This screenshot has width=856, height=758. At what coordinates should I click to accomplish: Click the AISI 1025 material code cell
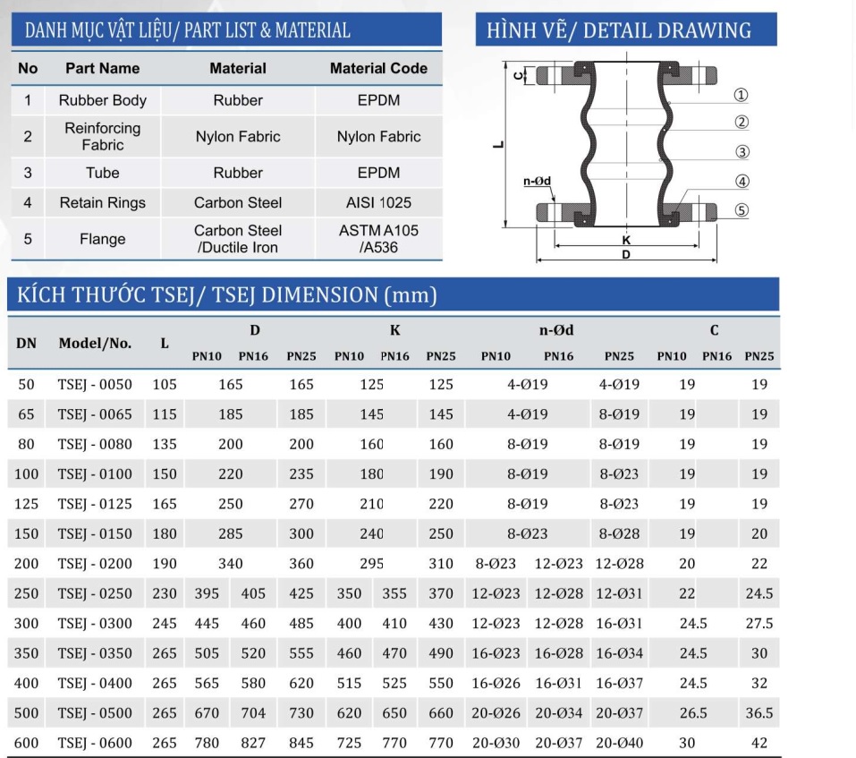(378, 203)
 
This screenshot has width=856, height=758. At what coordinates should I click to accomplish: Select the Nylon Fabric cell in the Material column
(237, 137)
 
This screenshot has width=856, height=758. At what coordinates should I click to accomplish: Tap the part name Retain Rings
(102, 203)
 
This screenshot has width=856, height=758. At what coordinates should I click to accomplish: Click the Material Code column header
(378, 68)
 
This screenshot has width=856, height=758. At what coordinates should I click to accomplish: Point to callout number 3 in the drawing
(742, 151)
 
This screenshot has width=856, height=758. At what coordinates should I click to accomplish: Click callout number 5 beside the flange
(742, 211)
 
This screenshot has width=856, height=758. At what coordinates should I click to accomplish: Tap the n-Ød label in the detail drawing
(537, 182)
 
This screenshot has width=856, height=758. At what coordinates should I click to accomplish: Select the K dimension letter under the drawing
(625, 241)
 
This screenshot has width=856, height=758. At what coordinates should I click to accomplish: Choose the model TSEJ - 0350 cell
(95, 653)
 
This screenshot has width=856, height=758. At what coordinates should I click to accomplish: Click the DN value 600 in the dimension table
(27, 743)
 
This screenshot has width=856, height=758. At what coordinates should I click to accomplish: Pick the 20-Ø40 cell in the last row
(620, 743)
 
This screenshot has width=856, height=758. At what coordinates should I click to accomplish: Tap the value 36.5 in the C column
(759, 713)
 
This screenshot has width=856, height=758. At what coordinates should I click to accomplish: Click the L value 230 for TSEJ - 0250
(165, 593)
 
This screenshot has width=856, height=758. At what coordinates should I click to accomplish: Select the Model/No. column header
(95, 343)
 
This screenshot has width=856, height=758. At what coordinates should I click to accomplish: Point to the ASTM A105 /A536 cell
(378, 239)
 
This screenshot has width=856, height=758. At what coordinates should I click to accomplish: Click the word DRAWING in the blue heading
(704, 30)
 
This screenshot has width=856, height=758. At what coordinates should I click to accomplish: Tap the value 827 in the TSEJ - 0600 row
(253, 743)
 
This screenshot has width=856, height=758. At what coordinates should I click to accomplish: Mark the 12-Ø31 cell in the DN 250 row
(620, 593)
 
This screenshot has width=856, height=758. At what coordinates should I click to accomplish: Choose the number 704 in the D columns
(253, 713)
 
